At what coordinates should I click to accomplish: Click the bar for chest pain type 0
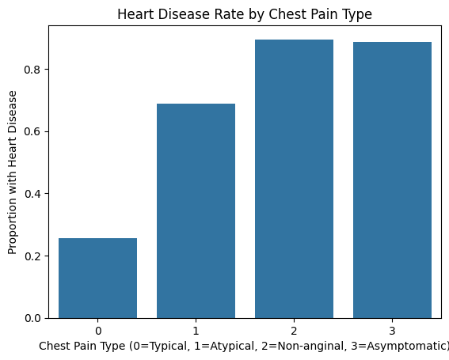[x=97, y=278]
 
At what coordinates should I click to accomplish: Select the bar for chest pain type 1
[x=196, y=210]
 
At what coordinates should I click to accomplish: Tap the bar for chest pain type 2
[x=294, y=179]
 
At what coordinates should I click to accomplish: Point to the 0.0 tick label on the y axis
[x=32, y=318]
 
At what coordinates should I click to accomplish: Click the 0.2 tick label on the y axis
[x=32, y=256]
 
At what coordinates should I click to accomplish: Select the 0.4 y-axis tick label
[x=32, y=194]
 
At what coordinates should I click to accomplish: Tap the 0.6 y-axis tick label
[x=32, y=131]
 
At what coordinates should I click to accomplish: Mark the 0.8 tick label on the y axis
[x=32, y=70]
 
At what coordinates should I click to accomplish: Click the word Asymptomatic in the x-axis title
[x=411, y=346]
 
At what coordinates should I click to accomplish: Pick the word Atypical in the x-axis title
[x=257, y=346]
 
